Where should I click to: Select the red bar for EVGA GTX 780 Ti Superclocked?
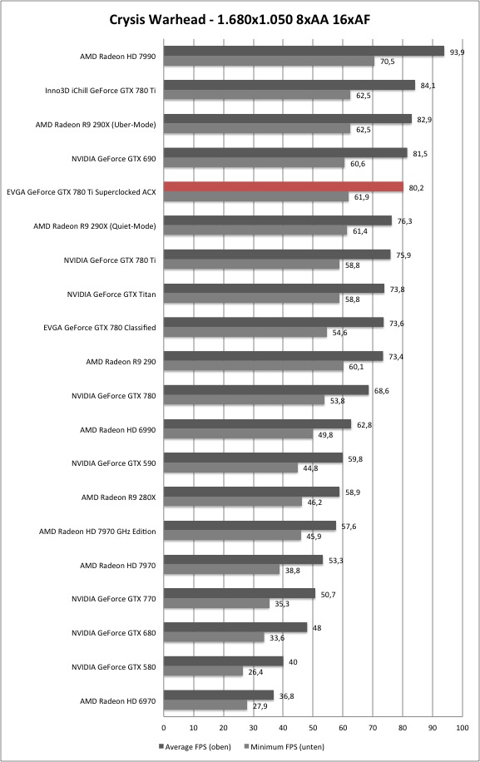284,186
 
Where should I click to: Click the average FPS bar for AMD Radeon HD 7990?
304,51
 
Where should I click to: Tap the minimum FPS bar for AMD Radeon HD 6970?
205,705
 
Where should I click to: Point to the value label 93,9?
457,52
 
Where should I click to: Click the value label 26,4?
255,672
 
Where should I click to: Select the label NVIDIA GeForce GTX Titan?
111,294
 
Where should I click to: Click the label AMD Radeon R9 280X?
118,497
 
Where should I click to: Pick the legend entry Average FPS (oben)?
195,746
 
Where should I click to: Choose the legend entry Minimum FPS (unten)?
285,746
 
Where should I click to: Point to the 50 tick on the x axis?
313,728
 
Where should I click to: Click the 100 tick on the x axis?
463,728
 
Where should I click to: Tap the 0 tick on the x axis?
164,728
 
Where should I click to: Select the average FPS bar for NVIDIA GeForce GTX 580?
224,661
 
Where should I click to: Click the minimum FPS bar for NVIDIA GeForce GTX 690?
254,163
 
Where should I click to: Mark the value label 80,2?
416,187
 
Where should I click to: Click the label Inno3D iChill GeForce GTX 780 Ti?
101,91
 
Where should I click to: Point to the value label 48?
317,628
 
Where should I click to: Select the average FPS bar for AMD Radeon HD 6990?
258,424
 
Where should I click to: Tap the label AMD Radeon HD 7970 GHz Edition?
97,532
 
